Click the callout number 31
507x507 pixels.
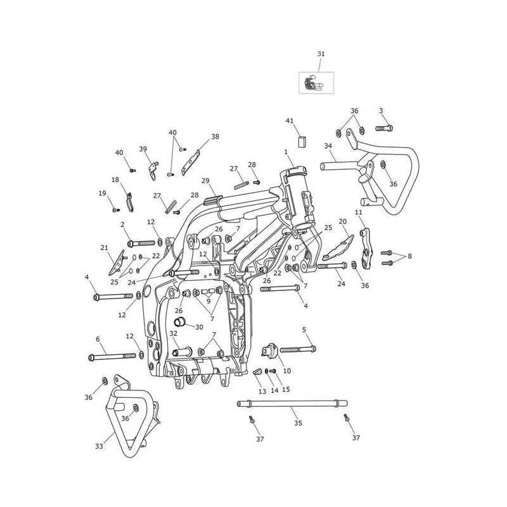(x=321, y=54)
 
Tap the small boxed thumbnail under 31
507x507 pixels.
(x=316, y=83)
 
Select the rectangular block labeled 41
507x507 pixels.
(x=302, y=141)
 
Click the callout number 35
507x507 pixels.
(x=298, y=423)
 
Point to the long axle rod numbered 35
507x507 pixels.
(x=292, y=403)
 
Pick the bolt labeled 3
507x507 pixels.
(x=384, y=128)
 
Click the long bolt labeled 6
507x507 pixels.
(x=112, y=357)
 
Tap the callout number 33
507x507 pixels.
(x=99, y=446)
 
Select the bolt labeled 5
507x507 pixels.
(x=298, y=349)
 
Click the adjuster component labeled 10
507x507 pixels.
(x=269, y=351)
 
